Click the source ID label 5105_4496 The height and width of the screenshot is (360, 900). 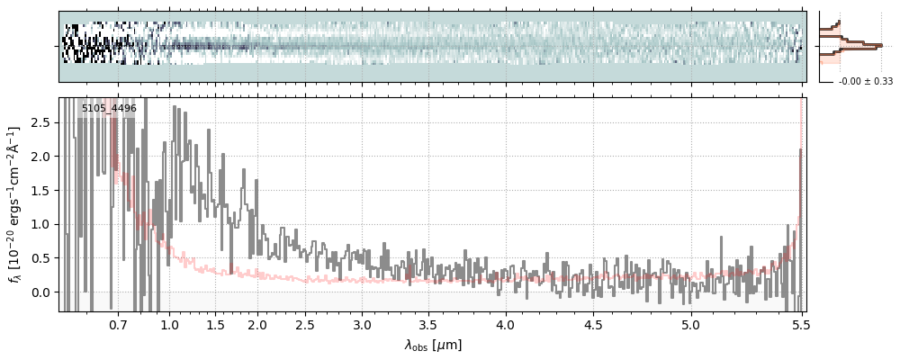(109, 109)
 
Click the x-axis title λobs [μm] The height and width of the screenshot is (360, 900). (433, 344)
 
